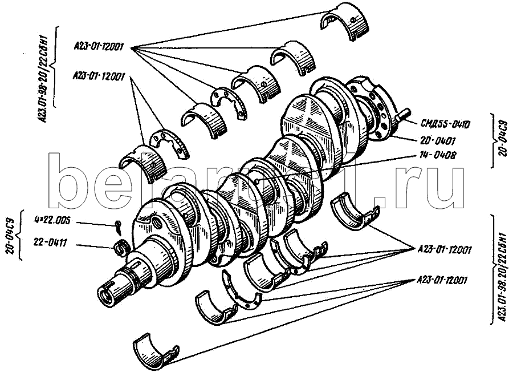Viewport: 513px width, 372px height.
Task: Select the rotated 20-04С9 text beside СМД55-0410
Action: (x=501, y=140)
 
